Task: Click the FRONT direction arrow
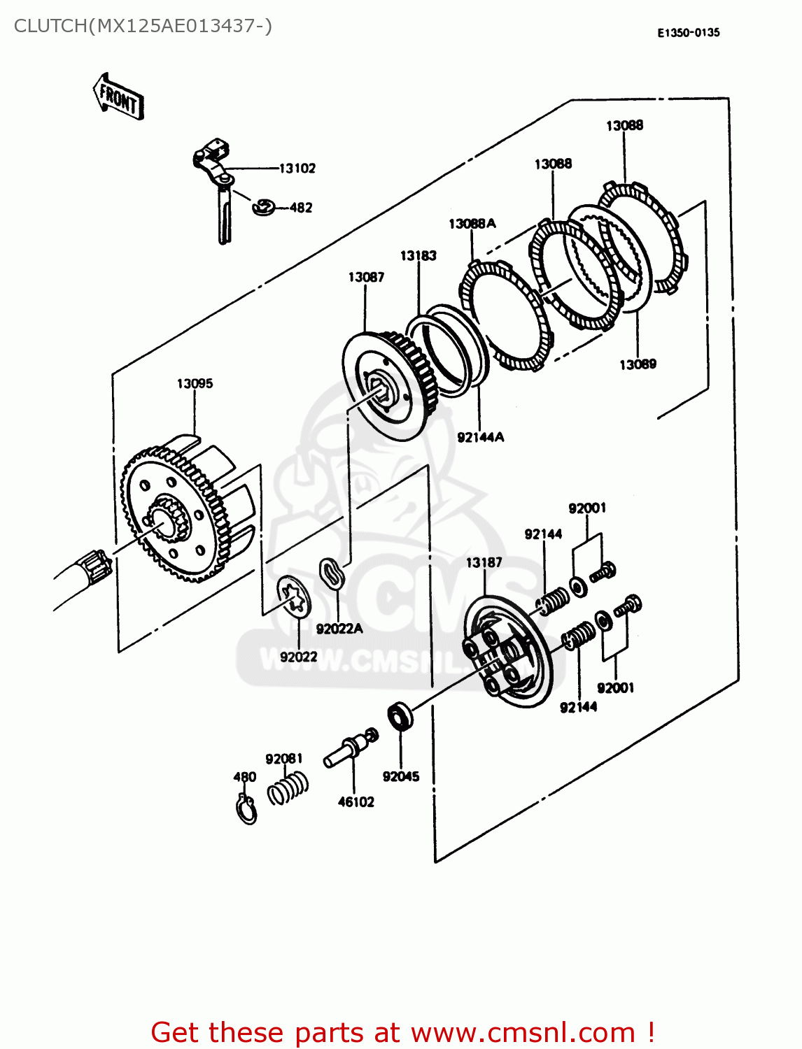click(x=118, y=97)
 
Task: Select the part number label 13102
click(x=297, y=168)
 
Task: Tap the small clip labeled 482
click(x=263, y=207)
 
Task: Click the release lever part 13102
click(x=218, y=182)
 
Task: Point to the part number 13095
click(x=195, y=383)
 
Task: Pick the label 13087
click(x=366, y=277)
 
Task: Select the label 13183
click(x=418, y=255)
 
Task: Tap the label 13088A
click(x=472, y=223)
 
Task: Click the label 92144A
click(x=480, y=437)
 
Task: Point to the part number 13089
click(x=638, y=364)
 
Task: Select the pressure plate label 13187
click(x=484, y=562)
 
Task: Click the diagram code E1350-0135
click(x=688, y=32)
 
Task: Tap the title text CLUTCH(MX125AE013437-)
click(x=143, y=26)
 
